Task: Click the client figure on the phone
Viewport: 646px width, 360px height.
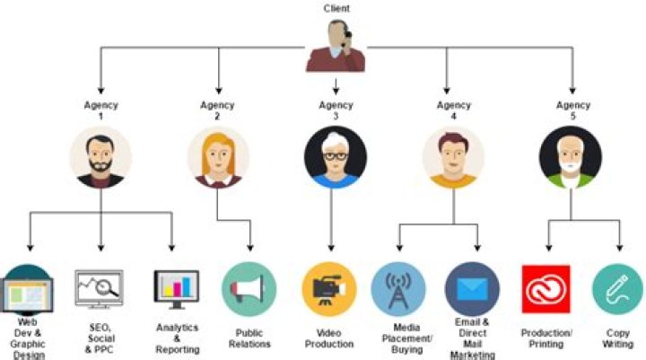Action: click(x=336, y=46)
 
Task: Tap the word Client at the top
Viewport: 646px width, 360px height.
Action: click(x=336, y=9)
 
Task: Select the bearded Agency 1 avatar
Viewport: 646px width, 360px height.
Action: click(x=100, y=155)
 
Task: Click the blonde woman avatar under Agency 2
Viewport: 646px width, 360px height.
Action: click(x=218, y=155)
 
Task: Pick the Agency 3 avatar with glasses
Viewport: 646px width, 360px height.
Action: click(x=335, y=155)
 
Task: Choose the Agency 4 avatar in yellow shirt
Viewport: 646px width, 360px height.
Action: click(x=453, y=155)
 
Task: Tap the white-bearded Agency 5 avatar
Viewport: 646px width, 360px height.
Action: click(x=571, y=155)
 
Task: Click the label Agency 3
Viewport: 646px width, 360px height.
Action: click(x=336, y=110)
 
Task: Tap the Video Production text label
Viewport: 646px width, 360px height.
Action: click(x=329, y=338)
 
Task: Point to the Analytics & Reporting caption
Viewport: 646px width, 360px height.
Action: click(x=177, y=338)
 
